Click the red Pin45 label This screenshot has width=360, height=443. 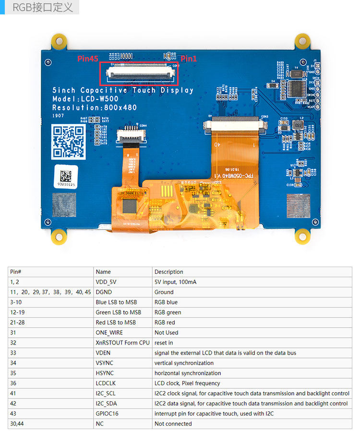click(x=88, y=59)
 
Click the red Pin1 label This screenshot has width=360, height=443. click(x=189, y=59)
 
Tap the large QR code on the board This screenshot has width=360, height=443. click(x=68, y=141)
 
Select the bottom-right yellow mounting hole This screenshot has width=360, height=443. click(x=302, y=235)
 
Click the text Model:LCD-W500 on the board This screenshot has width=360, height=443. click(x=85, y=99)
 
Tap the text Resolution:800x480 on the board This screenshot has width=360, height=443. click(x=94, y=108)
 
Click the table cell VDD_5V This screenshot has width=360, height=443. click(x=106, y=282)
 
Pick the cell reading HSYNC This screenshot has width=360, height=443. click(x=105, y=373)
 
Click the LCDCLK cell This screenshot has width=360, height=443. click(x=106, y=383)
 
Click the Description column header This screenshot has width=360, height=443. click(x=168, y=272)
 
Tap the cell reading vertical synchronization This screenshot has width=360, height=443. click(x=184, y=363)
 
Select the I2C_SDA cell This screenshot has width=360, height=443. click(x=106, y=403)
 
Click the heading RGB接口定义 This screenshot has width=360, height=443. click(x=43, y=7)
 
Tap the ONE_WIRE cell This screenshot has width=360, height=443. click(x=109, y=332)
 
